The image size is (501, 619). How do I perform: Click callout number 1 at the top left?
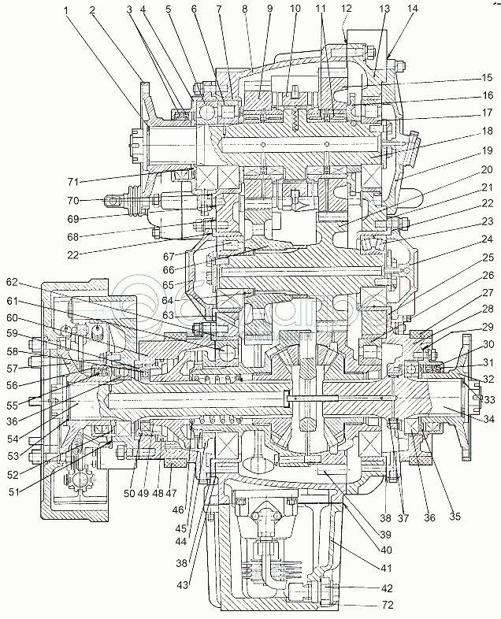(69, 10)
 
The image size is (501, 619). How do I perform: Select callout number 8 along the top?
(245, 10)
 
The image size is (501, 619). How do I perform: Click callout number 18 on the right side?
(488, 130)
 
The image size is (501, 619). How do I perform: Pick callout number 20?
(488, 169)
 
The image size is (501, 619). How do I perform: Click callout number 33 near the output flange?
(489, 400)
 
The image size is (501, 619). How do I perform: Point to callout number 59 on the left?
(13, 341)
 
